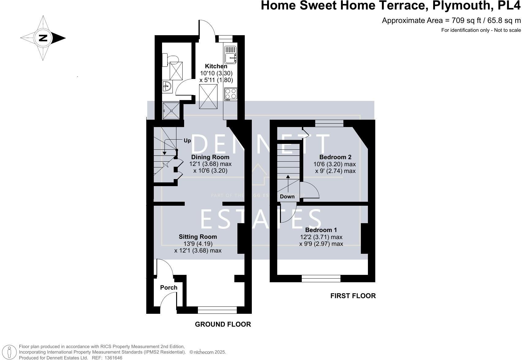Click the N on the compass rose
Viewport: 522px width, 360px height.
(x=43, y=38)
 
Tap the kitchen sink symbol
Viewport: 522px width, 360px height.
(x=230, y=55)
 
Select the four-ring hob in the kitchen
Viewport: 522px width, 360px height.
(x=231, y=94)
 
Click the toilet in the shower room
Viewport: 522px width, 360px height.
(x=170, y=60)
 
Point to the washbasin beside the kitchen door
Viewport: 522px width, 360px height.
(x=167, y=86)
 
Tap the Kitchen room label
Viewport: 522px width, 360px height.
(x=216, y=66)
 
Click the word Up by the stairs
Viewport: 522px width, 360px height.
(x=187, y=141)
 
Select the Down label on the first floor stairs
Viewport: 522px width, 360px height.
(x=287, y=197)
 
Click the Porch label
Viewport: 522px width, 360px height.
(x=169, y=287)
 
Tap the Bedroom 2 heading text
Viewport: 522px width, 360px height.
(x=335, y=157)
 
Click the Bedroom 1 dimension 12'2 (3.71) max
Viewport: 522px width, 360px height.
(x=321, y=237)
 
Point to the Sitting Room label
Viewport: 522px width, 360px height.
(x=198, y=237)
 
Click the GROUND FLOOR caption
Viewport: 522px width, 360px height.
(x=223, y=324)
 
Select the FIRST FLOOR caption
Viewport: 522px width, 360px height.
(x=353, y=296)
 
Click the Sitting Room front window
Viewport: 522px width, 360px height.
(x=217, y=310)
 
